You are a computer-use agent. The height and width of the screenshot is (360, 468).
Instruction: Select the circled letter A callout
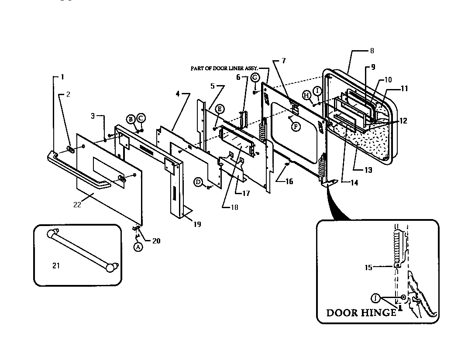[138, 247]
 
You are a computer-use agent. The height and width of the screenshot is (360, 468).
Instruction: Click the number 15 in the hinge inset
[369, 267]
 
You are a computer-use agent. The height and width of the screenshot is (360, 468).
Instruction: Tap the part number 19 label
[197, 224]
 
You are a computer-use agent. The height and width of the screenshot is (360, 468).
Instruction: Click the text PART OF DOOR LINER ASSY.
[224, 68]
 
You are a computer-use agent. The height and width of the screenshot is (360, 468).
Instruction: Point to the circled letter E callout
[220, 108]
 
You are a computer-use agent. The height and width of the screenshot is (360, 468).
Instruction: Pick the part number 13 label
[368, 170]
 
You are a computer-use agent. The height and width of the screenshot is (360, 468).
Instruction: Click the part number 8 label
[372, 51]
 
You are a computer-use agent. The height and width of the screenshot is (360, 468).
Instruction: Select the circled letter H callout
[306, 95]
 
